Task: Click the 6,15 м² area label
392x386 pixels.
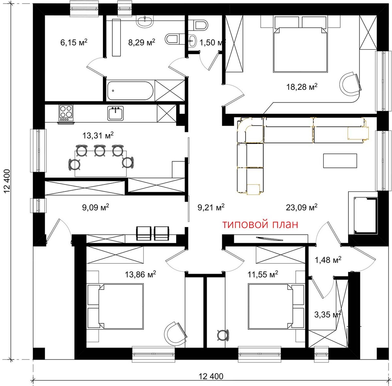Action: [x=74, y=42]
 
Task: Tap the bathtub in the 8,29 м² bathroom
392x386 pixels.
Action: [x=130, y=91]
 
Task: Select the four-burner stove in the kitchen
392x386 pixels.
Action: [x=66, y=113]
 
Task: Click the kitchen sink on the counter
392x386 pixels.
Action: [x=116, y=113]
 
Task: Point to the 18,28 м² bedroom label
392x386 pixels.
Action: [x=302, y=87]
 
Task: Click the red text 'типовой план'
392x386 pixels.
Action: [x=260, y=224]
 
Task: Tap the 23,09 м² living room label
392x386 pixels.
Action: [x=302, y=207]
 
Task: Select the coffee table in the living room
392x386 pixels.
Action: [x=340, y=161]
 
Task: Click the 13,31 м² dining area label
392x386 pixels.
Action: [x=98, y=135]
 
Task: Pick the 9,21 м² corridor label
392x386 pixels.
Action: [x=211, y=207]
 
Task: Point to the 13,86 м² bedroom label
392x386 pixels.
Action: [x=140, y=274]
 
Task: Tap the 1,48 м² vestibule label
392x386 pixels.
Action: [x=328, y=260]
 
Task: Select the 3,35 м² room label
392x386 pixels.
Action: [x=328, y=315]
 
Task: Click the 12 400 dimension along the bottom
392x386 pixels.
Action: [x=211, y=376]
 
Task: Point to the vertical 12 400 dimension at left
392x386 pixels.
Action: [x=7, y=181]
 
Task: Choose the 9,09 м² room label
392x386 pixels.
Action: [x=95, y=207]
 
